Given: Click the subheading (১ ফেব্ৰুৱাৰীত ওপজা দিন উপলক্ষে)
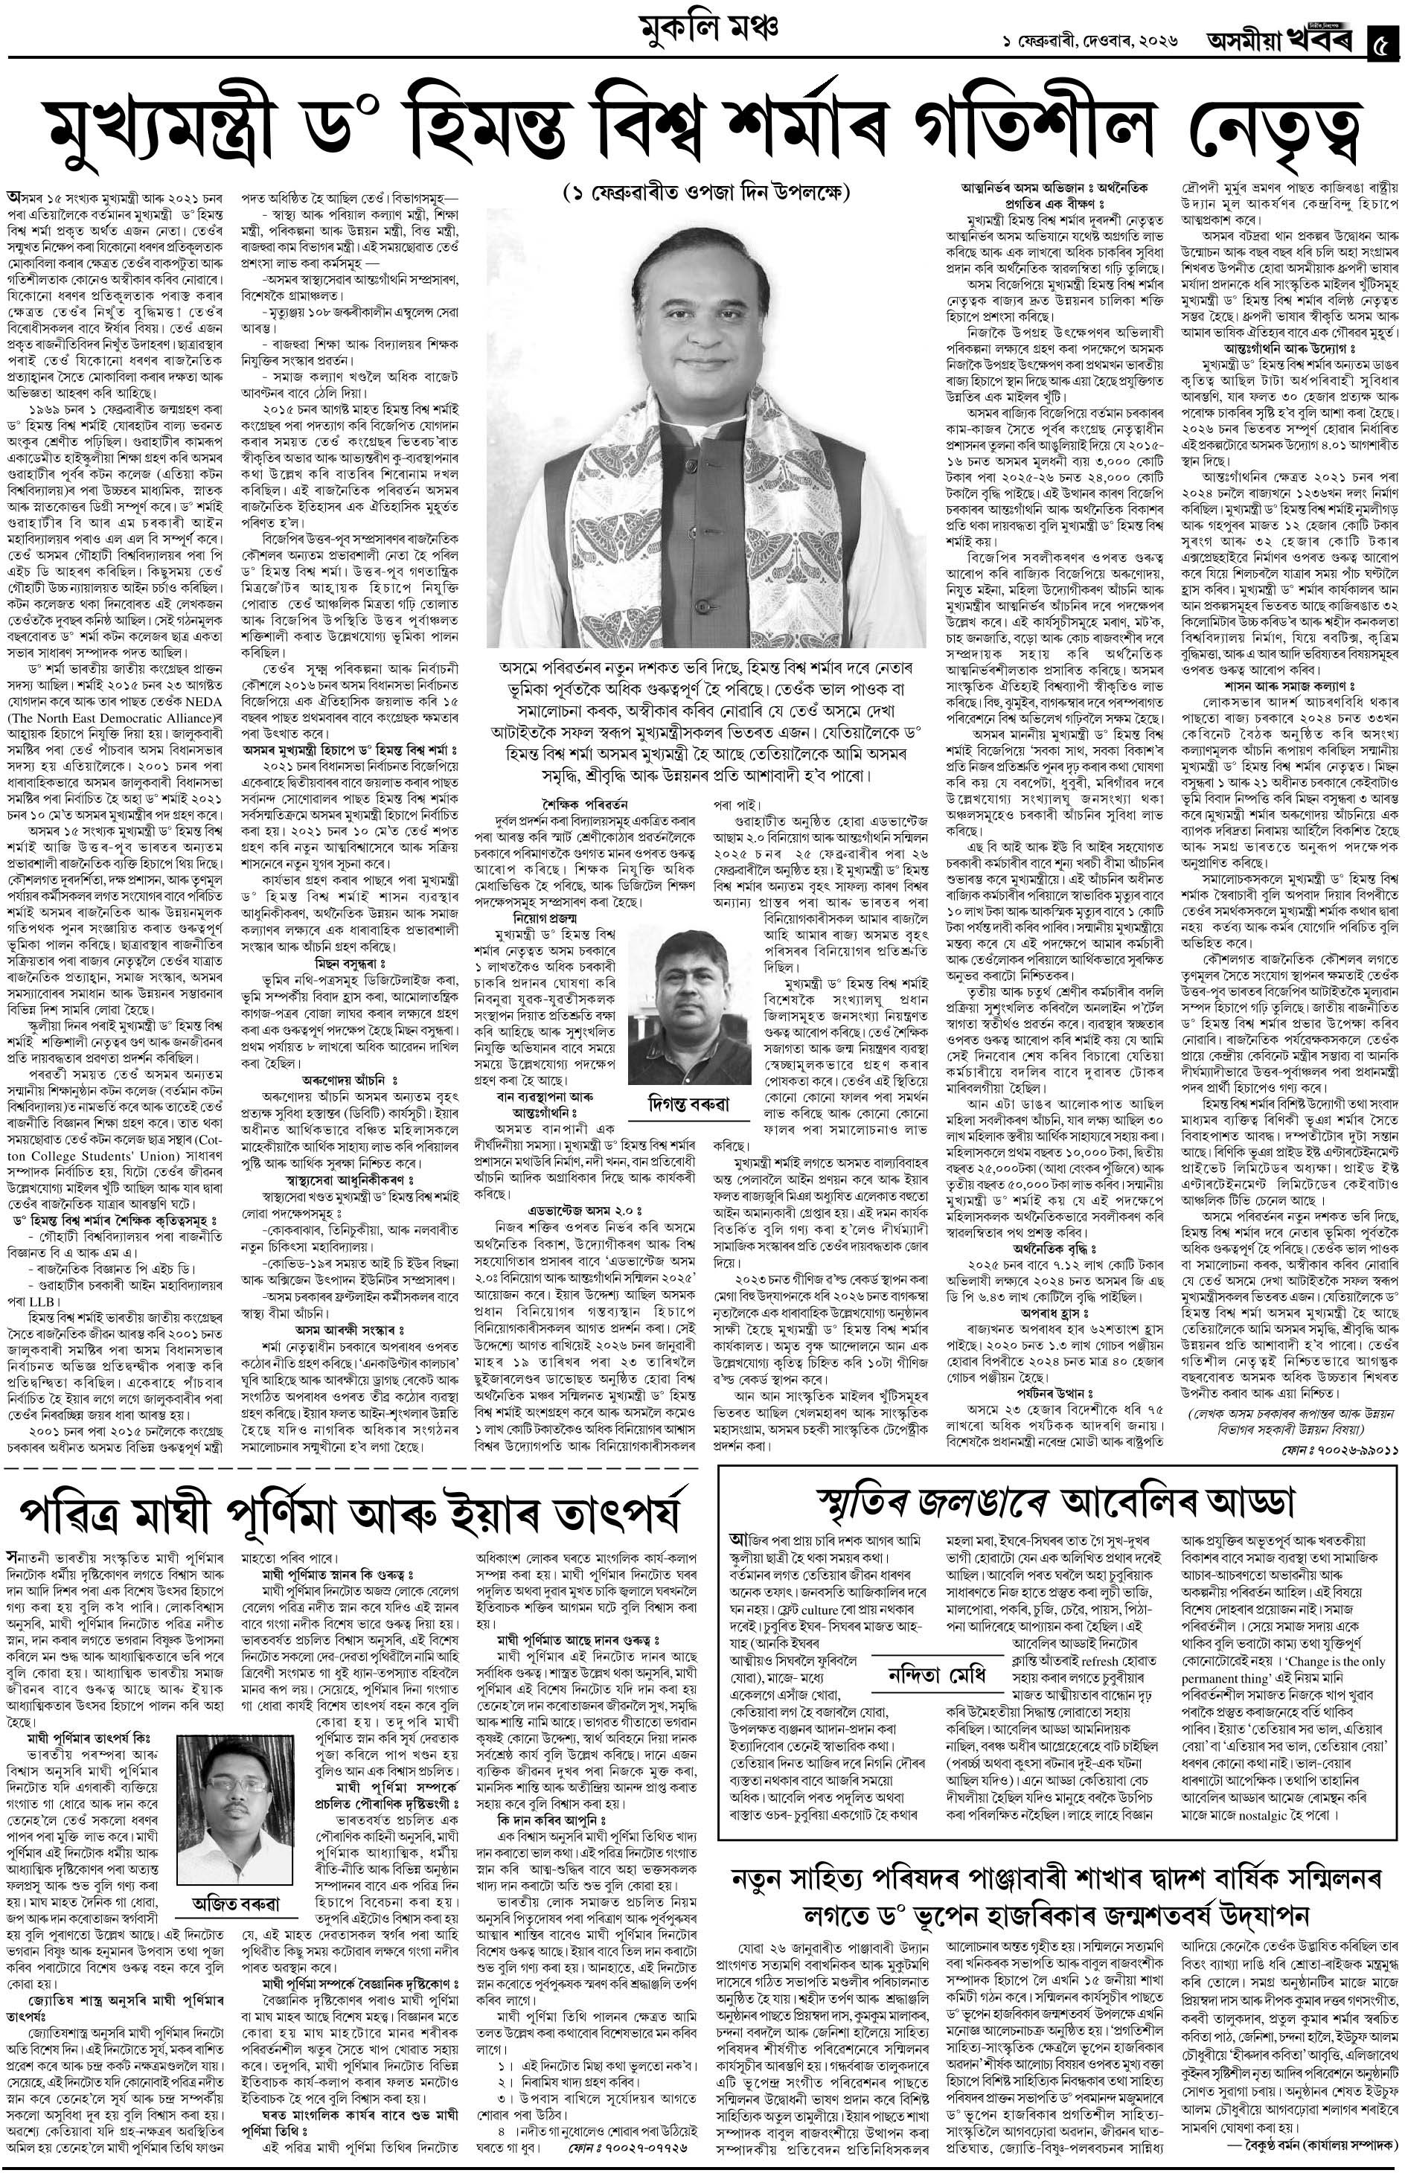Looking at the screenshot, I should (x=706, y=193).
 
